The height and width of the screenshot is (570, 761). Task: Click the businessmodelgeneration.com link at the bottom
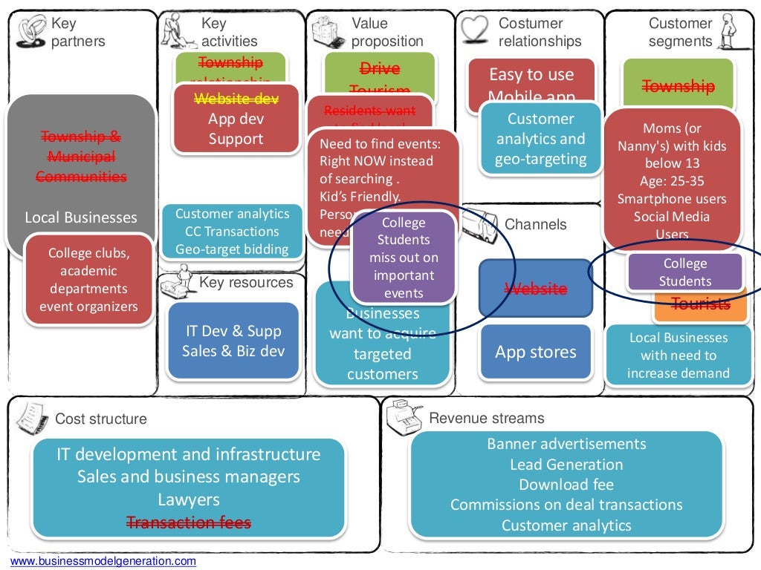point(103,561)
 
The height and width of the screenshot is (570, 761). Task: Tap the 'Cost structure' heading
point(101,419)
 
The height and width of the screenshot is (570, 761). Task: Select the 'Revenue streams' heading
point(487,419)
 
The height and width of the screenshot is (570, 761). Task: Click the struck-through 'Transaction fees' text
point(189,522)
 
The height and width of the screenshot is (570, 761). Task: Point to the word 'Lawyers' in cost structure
point(189,499)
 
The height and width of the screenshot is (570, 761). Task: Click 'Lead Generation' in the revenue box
point(566,465)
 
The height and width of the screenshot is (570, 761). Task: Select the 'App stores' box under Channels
point(536,353)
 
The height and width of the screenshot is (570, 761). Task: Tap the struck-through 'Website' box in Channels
point(536,288)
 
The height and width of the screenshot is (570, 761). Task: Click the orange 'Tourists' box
point(700,304)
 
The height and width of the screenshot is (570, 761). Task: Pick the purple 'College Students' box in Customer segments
point(684,272)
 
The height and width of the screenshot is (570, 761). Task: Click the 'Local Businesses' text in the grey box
point(81,217)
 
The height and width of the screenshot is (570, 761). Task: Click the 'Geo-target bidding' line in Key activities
point(232,249)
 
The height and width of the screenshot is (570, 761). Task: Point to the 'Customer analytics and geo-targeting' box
point(540,139)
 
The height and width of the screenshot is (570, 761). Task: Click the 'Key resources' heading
point(246,283)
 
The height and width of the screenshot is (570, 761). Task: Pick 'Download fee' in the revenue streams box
point(566,485)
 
